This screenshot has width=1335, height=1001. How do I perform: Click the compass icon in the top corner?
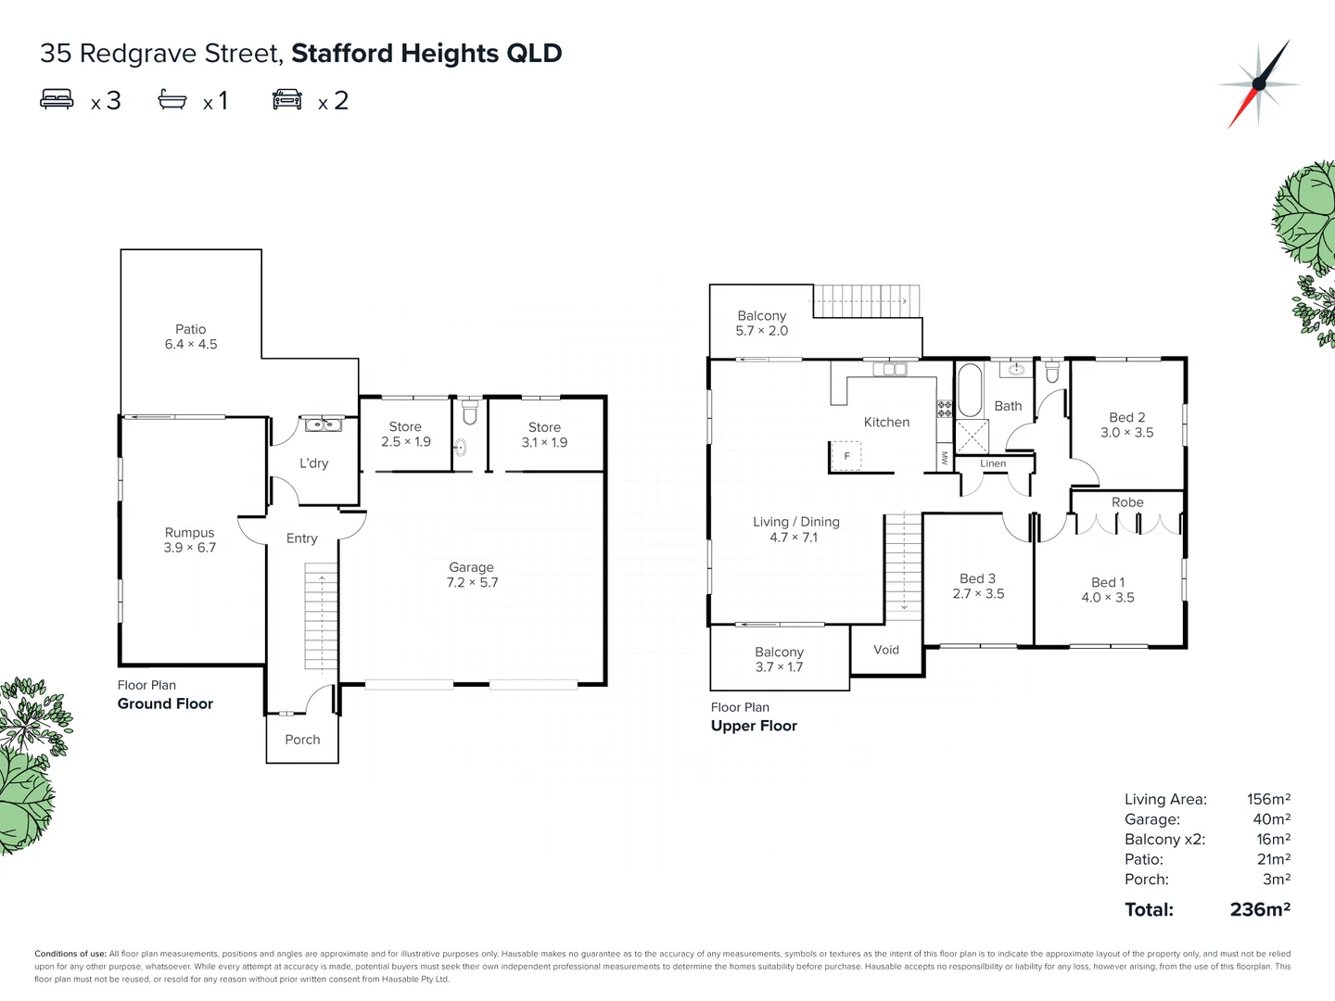click(1259, 83)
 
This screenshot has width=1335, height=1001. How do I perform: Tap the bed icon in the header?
click(57, 99)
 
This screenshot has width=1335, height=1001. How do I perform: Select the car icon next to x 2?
click(287, 99)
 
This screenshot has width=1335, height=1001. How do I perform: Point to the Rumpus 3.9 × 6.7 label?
click(190, 540)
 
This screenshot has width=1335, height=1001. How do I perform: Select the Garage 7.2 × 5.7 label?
click(472, 575)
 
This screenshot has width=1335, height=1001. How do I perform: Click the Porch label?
click(302, 740)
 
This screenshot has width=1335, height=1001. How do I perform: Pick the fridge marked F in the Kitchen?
click(846, 456)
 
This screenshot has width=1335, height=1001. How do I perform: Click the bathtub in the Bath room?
click(969, 391)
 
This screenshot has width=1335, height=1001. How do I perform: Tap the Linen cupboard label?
click(993, 463)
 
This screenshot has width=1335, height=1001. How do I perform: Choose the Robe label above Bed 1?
click(1127, 502)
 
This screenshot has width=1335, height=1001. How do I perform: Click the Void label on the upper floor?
click(886, 650)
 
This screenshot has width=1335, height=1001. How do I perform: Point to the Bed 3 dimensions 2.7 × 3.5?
click(978, 594)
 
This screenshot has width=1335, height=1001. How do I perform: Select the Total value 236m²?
click(1260, 909)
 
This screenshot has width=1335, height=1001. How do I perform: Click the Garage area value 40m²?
click(1271, 819)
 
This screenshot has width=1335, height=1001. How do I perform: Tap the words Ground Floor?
click(165, 703)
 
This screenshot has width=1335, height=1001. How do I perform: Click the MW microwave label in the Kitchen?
click(945, 458)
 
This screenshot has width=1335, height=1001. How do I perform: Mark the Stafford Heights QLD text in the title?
click(426, 54)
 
